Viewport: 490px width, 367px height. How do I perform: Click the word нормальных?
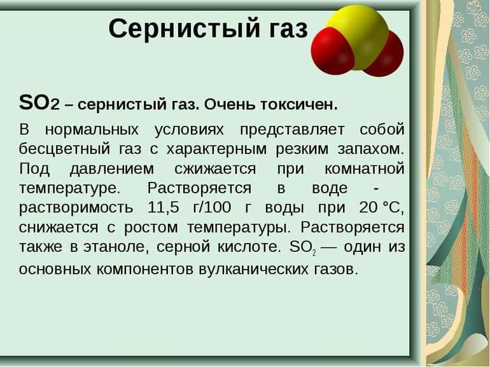(92, 130)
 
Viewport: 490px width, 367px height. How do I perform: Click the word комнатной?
(364, 169)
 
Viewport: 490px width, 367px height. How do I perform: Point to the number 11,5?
(165, 208)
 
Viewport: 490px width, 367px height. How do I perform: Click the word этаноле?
(125, 247)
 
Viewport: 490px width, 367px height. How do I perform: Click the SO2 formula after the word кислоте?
(302, 248)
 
